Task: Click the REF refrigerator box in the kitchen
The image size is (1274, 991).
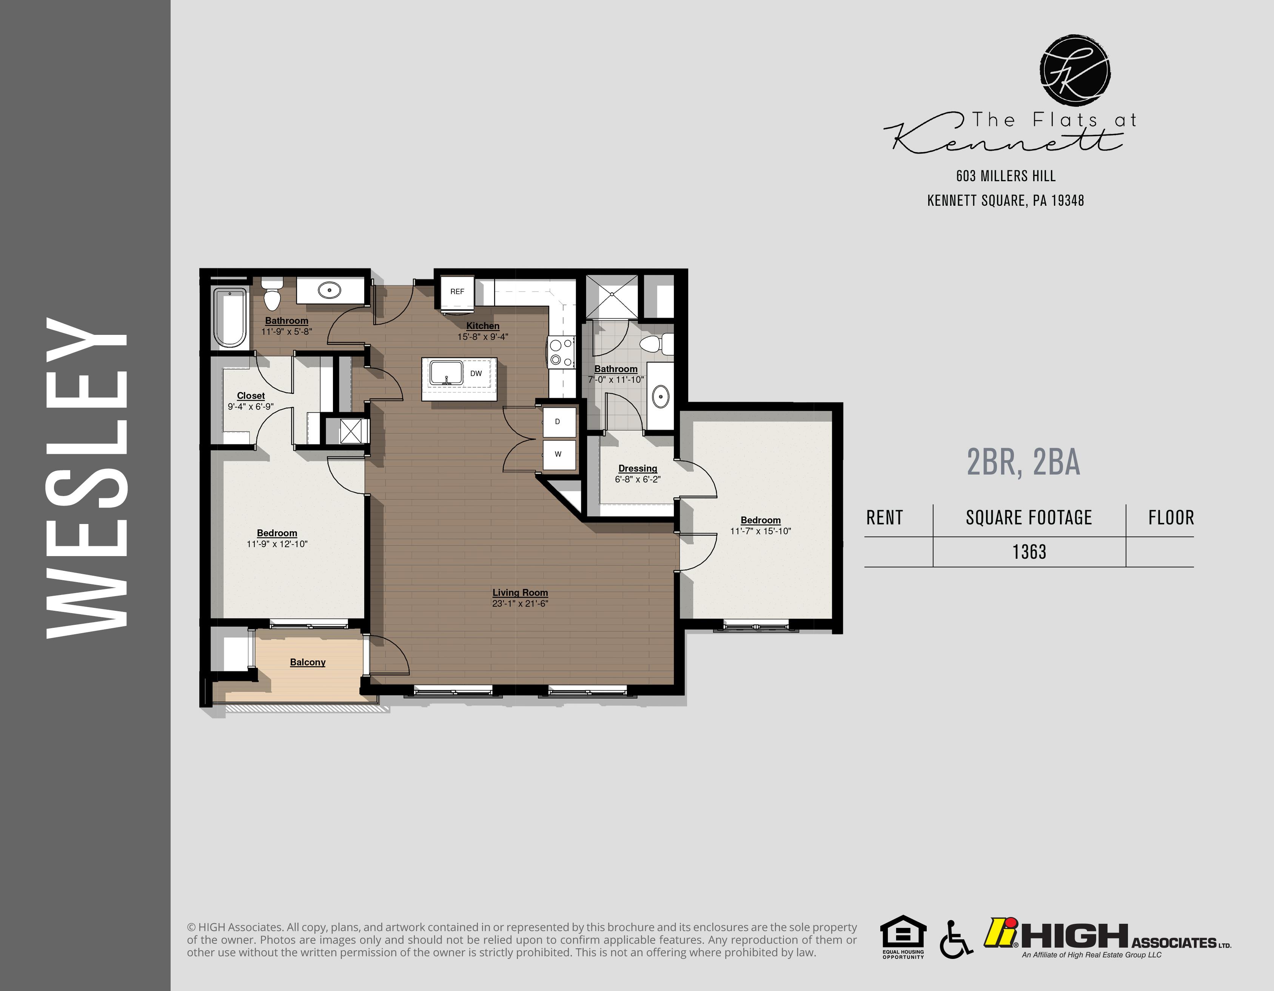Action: pyautogui.click(x=458, y=292)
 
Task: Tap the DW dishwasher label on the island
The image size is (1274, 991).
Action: pyautogui.click(x=476, y=373)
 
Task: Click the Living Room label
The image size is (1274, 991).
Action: pyautogui.click(x=520, y=592)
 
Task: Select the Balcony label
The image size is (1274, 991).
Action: pyautogui.click(x=307, y=662)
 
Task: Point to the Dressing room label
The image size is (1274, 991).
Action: pyautogui.click(x=638, y=469)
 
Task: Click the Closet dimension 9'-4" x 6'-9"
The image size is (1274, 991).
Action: pyautogui.click(x=251, y=407)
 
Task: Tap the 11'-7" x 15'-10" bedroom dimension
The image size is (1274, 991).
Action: pyautogui.click(x=761, y=531)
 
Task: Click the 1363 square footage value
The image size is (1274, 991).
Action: pyautogui.click(x=1029, y=552)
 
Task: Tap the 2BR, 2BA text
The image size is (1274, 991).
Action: pyautogui.click(x=1023, y=462)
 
